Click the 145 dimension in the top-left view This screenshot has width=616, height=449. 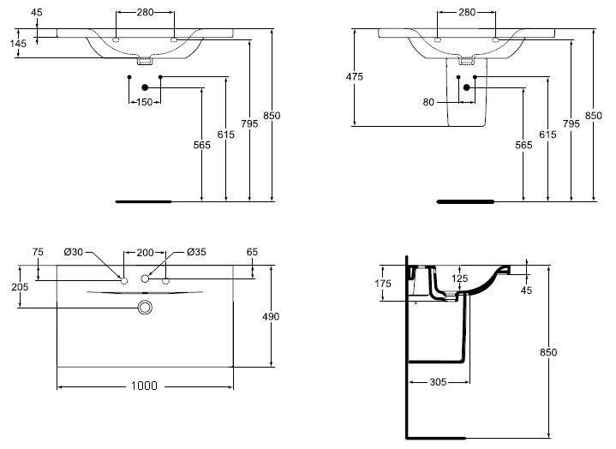(x=19, y=42)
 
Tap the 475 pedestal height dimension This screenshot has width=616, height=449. (x=355, y=77)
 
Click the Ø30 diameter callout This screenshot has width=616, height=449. (x=74, y=252)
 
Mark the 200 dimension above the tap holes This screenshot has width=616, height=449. (x=144, y=252)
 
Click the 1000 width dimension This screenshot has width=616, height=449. (x=144, y=386)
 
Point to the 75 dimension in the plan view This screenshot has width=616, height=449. (x=37, y=252)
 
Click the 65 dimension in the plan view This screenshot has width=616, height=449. (x=252, y=252)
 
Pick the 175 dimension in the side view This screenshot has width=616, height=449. (x=383, y=284)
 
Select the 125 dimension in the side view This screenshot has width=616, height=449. (x=460, y=278)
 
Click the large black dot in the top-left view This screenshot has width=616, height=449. (x=145, y=87)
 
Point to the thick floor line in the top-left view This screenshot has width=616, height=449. (x=143, y=202)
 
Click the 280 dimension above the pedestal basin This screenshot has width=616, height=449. (x=466, y=13)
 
